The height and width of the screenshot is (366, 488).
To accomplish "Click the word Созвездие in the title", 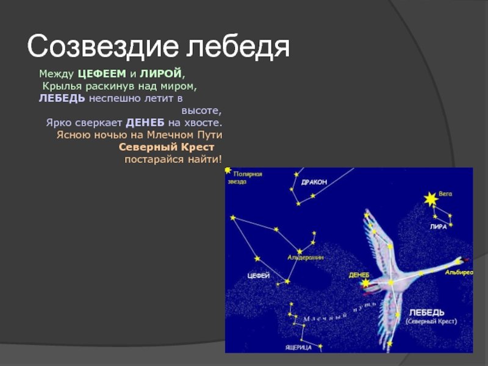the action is click(x=103, y=46).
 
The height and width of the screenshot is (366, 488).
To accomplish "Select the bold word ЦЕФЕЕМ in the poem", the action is click(x=102, y=74).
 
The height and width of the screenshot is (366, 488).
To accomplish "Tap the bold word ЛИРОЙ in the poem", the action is click(x=160, y=74).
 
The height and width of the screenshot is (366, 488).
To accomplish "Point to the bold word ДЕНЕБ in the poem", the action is click(x=145, y=123).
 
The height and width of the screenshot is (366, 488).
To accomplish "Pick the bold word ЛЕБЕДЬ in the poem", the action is click(x=62, y=98).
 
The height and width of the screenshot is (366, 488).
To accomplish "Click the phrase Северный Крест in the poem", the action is click(x=167, y=147).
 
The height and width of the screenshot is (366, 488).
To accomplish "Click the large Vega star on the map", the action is click(x=431, y=199).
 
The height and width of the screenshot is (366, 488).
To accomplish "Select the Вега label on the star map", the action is click(x=445, y=193).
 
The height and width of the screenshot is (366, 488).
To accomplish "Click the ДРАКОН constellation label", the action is click(x=314, y=182).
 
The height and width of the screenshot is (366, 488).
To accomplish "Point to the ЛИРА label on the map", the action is click(x=438, y=227).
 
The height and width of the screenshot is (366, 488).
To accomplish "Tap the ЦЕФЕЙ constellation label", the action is click(x=258, y=276).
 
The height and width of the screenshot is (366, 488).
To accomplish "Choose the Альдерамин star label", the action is click(x=306, y=257).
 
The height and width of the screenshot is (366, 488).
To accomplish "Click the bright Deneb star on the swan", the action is click(x=365, y=283).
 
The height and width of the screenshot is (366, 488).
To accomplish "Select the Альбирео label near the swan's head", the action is click(x=459, y=273).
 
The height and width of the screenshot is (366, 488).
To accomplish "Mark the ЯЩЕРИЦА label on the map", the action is click(x=298, y=347).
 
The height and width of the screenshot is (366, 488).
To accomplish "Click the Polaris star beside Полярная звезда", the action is click(x=228, y=170).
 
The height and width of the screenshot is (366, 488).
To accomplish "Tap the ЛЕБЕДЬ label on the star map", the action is click(x=426, y=312).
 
